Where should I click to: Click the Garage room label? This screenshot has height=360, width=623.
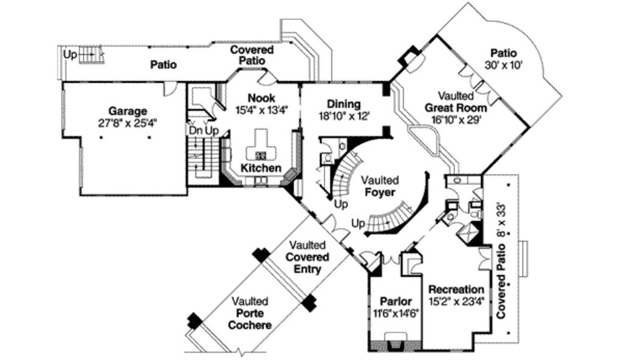pyautogui.click(x=128, y=111)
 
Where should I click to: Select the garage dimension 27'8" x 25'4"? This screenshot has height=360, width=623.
pyautogui.click(x=128, y=122)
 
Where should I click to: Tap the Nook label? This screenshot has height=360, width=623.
pyautogui.click(x=262, y=98)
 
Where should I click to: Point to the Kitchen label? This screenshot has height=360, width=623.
pyautogui.click(x=261, y=168)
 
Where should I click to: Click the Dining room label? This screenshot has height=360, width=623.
pyautogui.click(x=344, y=104)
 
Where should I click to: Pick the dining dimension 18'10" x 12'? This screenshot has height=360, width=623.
pyautogui.click(x=344, y=115)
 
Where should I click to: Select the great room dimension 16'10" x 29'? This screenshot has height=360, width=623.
pyautogui.click(x=456, y=120)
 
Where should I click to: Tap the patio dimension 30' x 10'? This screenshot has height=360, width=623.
pyautogui.click(x=504, y=64)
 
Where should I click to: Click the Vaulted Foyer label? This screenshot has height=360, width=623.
pyautogui.click(x=380, y=187)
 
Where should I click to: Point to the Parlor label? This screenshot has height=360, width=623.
pyautogui.click(x=395, y=302)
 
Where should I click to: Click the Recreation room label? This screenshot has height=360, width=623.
pyautogui.click(x=456, y=289)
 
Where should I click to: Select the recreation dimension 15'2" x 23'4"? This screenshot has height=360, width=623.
pyautogui.click(x=456, y=301)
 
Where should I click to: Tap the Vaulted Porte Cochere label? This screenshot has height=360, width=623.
pyautogui.click(x=249, y=313)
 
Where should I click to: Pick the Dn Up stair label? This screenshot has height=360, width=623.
pyautogui.click(x=203, y=130)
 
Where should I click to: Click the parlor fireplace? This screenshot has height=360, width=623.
pyautogui.click(x=396, y=339)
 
